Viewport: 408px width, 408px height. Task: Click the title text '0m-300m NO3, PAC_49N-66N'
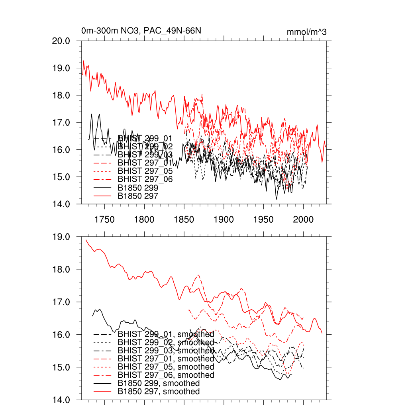pyautogui.click(x=144, y=31)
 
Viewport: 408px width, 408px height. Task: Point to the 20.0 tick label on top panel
pyautogui.click(x=61, y=41)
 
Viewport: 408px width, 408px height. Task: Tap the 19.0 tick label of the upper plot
pyautogui.click(x=61, y=68)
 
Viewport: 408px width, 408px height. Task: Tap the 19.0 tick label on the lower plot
pyautogui.click(x=61, y=237)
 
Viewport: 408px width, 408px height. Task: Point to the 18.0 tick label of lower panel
pyautogui.click(x=61, y=269)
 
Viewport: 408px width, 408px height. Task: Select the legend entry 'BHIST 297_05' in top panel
pyautogui.click(x=145, y=171)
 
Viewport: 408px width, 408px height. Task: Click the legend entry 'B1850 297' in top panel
pyautogui.click(x=138, y=196)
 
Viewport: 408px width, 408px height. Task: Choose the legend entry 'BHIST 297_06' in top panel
pyautogui.click(x=145, y=179)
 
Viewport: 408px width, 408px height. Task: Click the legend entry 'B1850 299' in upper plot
pyautogui.click(x=138, y=187)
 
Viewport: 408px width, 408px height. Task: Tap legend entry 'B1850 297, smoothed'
pyautogui.click(x=159, y=392)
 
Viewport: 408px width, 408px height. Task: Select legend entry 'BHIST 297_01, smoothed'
pyautogui.click(x=166, y=359)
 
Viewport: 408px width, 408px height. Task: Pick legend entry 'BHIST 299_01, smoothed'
pyautogui.click(x=166, y=334)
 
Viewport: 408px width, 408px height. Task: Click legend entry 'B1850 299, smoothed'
pyautogui.click(x=159, y=383)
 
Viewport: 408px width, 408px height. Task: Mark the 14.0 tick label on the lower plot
pyautogui.click(x=61, y=400)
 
